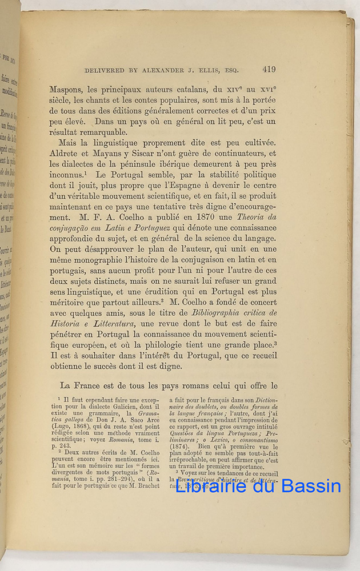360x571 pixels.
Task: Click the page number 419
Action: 269,70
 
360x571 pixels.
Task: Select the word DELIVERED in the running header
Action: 105,71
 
